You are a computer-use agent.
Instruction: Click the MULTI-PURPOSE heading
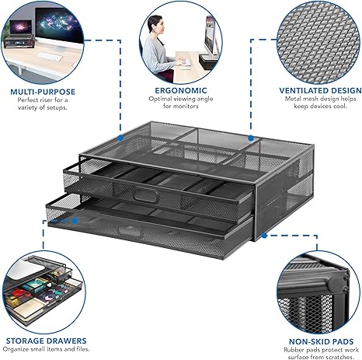point(42,90)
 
